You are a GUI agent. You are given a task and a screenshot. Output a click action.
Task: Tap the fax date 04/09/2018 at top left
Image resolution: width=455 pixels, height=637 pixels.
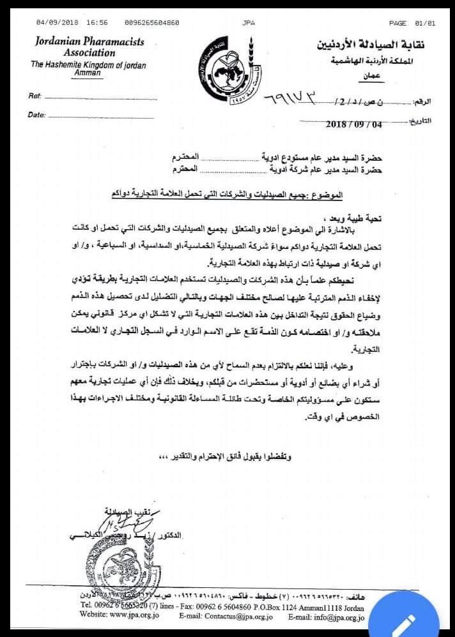click(x=58, y=23)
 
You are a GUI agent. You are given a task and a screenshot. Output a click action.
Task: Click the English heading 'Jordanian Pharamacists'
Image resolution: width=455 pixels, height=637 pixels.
click(x=89, y=42)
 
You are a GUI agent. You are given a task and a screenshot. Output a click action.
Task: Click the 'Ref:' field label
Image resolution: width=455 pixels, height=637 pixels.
click(x=35, y=96)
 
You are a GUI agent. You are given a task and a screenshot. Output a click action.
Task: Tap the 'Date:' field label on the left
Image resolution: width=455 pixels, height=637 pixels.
click(x=36, y=116)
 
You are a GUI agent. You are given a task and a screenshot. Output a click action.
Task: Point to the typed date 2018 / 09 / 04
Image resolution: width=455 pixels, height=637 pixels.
click(x=353, y=124)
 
